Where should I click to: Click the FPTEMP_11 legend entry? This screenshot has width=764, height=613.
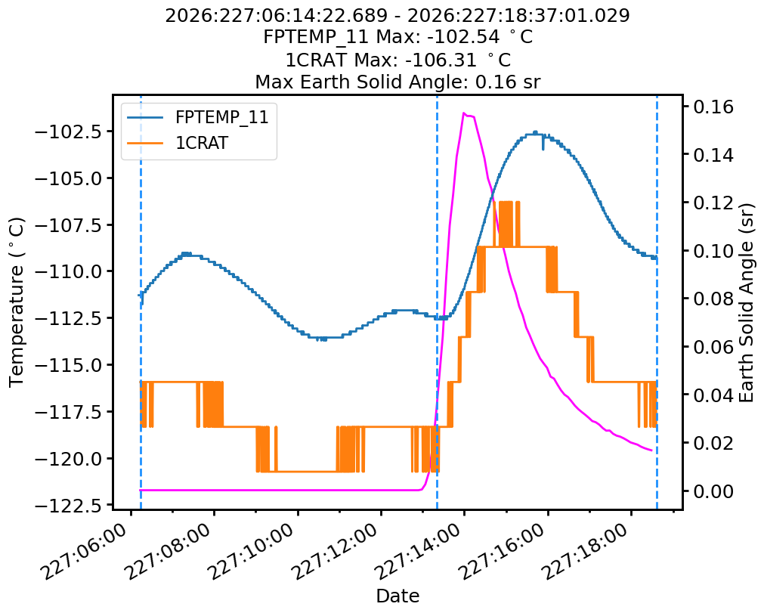198,117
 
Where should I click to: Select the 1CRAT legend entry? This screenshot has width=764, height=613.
178,144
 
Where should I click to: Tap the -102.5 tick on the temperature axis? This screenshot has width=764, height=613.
68,132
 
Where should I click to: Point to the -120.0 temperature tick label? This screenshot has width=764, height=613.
68,459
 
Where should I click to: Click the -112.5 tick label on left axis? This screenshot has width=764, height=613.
68,318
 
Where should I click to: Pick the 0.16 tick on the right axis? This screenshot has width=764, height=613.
713,107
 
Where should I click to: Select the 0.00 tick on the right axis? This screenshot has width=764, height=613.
713,491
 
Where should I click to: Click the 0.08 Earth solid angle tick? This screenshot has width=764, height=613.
713,299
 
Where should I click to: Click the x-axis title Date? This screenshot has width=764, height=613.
397,596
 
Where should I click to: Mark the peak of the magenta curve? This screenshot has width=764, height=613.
464,113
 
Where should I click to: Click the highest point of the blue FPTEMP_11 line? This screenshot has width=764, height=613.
535,132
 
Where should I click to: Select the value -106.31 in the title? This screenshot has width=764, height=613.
441,60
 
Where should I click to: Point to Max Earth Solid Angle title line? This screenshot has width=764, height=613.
397,82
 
